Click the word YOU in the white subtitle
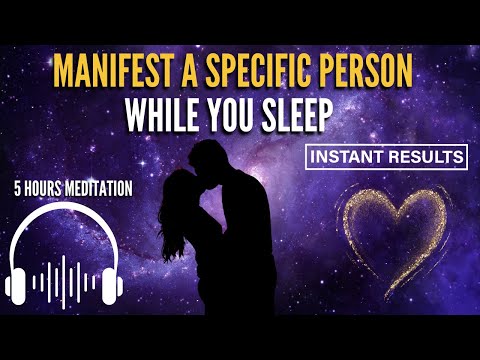tap(237, 116)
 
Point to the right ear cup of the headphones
tap(113, 281)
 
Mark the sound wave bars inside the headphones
tap(67, 280)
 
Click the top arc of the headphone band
tap(66, 215)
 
